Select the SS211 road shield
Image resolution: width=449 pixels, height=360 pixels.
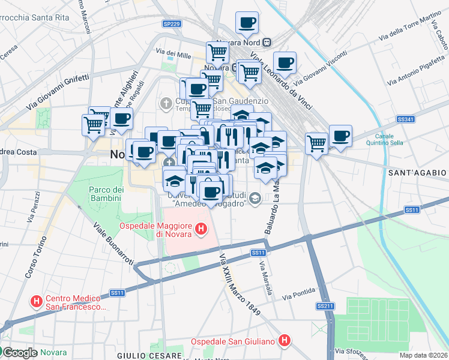325,306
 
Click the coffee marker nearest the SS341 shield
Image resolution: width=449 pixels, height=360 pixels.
340,136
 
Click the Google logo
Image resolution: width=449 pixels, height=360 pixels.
19,353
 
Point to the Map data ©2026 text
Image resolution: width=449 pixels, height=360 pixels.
423,355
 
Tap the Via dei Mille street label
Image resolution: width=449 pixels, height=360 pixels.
173,55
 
